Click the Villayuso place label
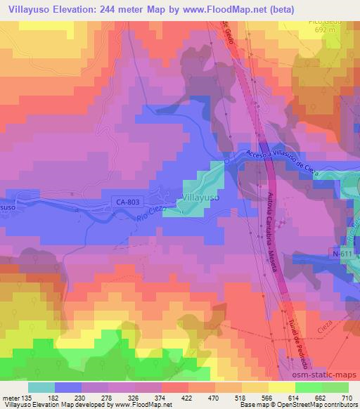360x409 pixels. point(201,199)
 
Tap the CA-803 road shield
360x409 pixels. point(126,202)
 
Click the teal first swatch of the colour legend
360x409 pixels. point(41,387)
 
